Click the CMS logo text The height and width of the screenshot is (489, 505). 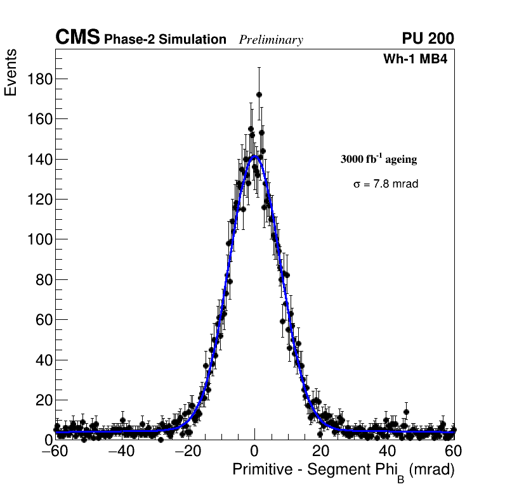(77, 38)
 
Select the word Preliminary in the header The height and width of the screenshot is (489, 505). (271, 40)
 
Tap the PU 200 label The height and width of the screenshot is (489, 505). (428, 39)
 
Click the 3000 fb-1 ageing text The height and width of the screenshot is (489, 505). (379, 159)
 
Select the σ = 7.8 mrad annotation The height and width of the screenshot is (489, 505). (386, 184)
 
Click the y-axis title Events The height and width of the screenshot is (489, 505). (11, 72)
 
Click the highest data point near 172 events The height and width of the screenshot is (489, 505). (259, 94)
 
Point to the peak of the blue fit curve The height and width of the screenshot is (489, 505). (254, 156)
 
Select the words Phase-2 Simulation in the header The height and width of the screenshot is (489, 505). (165, 40)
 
